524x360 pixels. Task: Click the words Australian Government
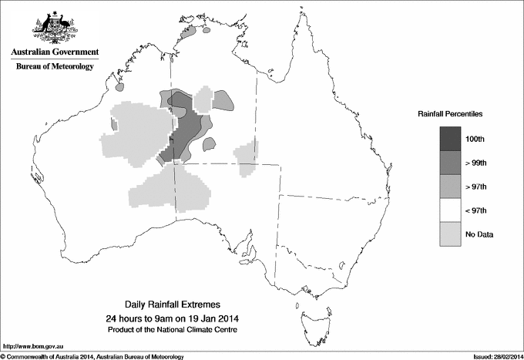coord(55,52)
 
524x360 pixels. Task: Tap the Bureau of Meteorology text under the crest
coord(55,67)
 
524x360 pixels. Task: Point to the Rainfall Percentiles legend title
coord(450,113)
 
